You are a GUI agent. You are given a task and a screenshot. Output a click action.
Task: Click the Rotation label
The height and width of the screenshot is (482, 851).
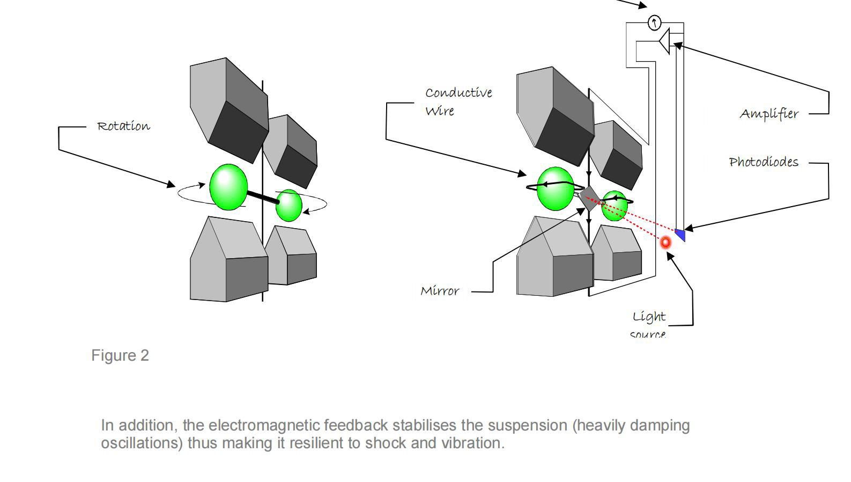pos(123,127)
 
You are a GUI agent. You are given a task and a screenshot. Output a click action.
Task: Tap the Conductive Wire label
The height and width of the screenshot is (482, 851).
pos(458,101)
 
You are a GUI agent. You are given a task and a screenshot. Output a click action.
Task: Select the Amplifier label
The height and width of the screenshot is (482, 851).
pos(769,114)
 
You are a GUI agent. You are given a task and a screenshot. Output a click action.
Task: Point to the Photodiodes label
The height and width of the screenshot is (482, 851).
pos(764,162)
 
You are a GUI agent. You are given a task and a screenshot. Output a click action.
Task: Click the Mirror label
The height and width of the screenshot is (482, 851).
pos(440,291)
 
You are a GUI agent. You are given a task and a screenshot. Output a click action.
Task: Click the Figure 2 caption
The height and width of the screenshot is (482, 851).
pos(120,355)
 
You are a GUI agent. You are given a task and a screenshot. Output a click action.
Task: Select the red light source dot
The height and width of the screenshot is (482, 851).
pos(665,243)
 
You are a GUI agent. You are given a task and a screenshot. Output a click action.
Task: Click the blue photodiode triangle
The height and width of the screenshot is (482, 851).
pos(680,235)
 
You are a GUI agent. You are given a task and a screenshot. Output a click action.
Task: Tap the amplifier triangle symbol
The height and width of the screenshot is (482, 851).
pos(665,41)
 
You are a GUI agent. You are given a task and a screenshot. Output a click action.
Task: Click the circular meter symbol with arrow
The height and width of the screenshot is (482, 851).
pos(655,23)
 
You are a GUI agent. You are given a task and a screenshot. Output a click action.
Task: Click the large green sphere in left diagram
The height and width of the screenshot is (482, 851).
pos(228,187)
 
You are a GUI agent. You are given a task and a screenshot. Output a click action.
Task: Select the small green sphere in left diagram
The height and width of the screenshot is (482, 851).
pos(289,205)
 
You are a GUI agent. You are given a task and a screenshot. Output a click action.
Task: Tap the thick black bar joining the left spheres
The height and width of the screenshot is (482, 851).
pos(263,196)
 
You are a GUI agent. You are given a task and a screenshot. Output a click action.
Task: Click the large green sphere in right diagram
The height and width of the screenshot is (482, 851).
pos(556,188)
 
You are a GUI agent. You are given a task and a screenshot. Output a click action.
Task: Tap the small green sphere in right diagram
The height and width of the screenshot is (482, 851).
pos(615,206)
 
